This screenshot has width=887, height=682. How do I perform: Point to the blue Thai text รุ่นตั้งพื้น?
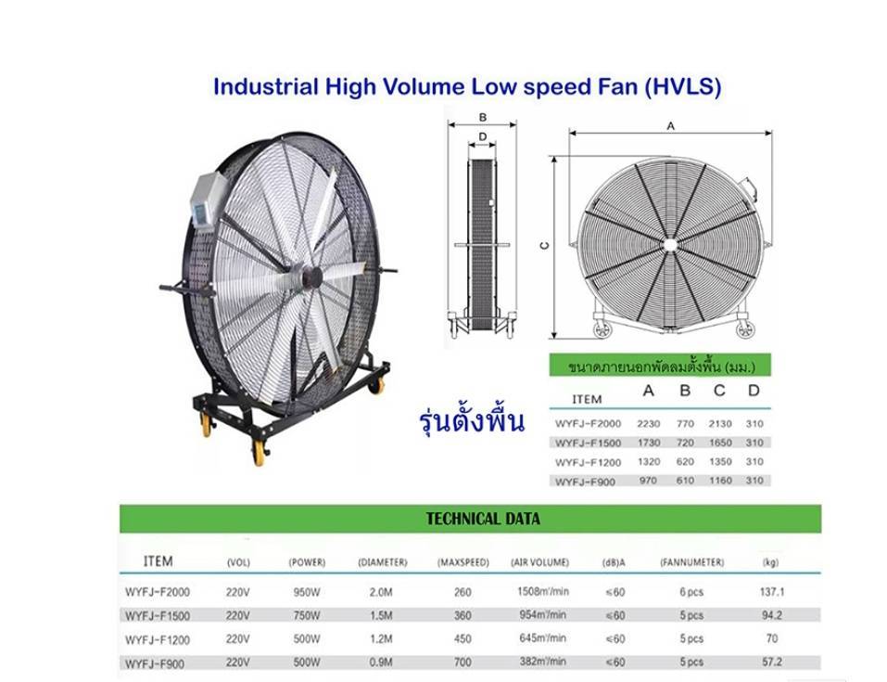coord(471,420)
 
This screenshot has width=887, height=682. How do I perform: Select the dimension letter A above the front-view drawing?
coord(670,123)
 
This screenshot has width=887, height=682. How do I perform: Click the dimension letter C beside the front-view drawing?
coord(545,246)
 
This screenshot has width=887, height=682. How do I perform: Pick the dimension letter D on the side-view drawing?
coord(482,136)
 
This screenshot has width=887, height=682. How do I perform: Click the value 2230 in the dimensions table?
coord(649,423)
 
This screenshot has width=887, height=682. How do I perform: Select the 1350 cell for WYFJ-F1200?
coord(719,461)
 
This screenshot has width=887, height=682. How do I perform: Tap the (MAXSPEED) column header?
coord(463,562)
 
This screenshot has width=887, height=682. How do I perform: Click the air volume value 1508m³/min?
coord(542,591)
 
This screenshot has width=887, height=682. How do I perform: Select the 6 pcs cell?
coord(691,591)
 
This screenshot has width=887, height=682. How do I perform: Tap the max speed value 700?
coord(463,663)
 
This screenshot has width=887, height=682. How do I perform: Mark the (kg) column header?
coord(770,562)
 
